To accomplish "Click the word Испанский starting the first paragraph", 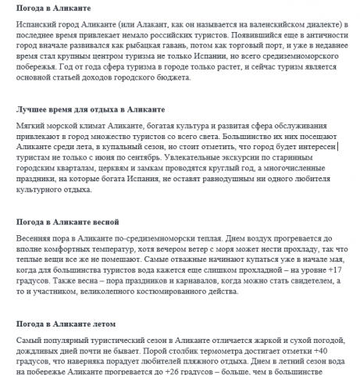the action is [x=40, y=25].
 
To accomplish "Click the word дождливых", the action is [x=43, y=352].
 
